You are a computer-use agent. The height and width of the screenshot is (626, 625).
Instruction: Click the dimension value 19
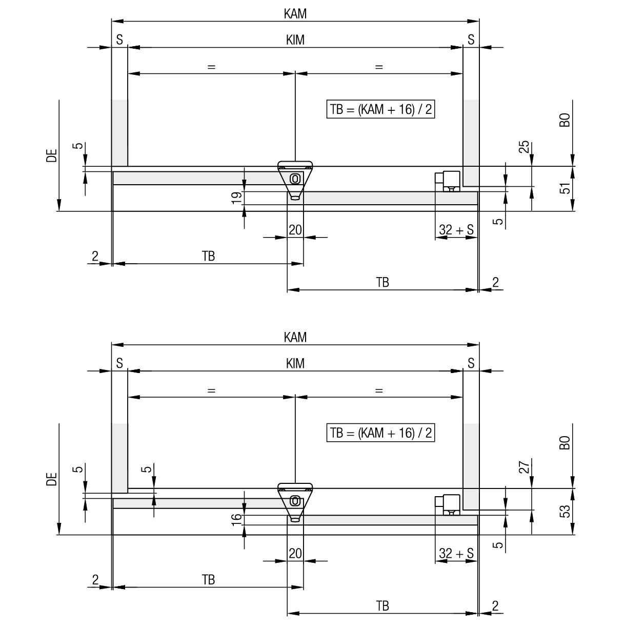(x=237, y=198)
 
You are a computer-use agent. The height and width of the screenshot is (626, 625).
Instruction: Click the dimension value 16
(x=237, y=519)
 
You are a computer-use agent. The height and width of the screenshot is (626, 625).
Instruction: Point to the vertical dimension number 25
(x=524, y=147)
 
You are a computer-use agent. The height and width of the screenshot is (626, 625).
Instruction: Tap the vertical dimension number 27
(x=524, y=467)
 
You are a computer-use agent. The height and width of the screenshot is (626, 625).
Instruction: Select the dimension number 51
(x=565, y=188)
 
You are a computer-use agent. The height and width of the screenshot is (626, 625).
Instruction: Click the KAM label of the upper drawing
(x=295, y=14)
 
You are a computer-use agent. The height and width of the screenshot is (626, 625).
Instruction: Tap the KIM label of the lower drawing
(x=295, y=363)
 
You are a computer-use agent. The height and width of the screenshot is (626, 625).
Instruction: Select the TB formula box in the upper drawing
(x=380, y=109)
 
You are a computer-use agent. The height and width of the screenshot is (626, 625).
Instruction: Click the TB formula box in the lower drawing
(x=380, y=433)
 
